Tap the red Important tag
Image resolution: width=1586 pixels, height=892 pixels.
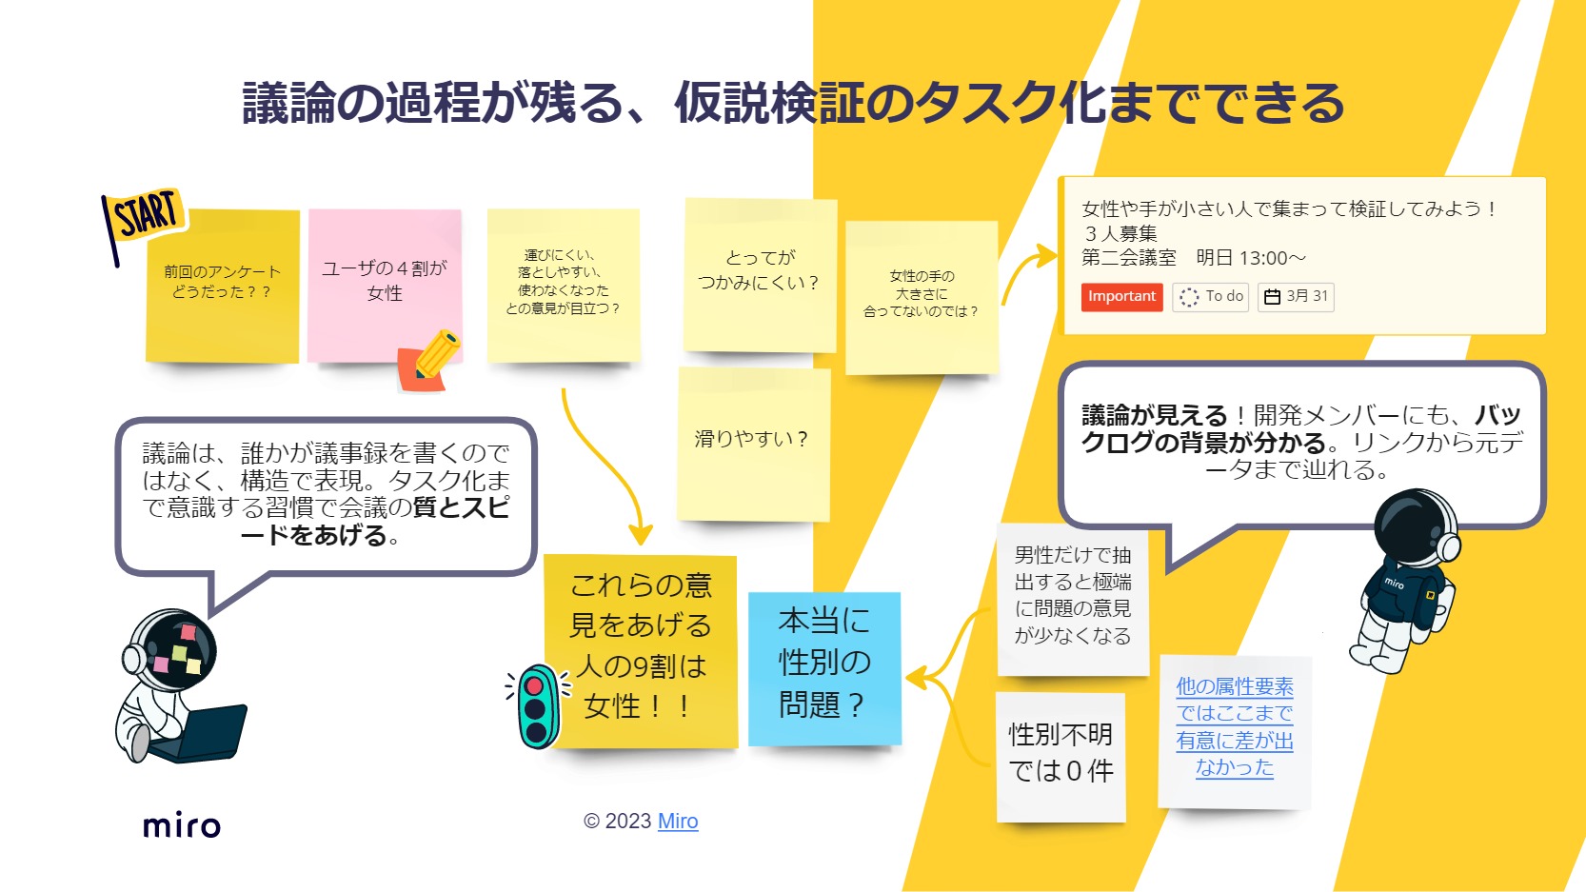tap(1121, 297)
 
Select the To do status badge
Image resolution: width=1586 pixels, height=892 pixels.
tap(1210, 297)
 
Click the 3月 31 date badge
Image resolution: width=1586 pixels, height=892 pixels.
tap(1296, 297)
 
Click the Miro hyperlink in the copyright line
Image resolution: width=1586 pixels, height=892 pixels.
tap(678, 821)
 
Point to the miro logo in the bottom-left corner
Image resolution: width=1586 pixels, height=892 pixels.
tap(182, 825)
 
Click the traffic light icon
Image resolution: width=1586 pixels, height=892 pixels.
tap(538, 705)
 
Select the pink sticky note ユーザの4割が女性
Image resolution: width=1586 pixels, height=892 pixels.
tap(384, 282)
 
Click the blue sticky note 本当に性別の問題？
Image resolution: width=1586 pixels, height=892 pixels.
tap(823, 665)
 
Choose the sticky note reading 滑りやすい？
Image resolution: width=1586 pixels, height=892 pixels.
tap(752, 442)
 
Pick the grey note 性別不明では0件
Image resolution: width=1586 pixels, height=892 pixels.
tap(1061, 755)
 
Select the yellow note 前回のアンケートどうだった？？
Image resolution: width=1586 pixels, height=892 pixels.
tap(222, 284)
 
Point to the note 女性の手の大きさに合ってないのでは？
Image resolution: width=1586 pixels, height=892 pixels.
tap(921, 295)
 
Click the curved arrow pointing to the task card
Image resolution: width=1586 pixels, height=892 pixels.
tap(1028, 271)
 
